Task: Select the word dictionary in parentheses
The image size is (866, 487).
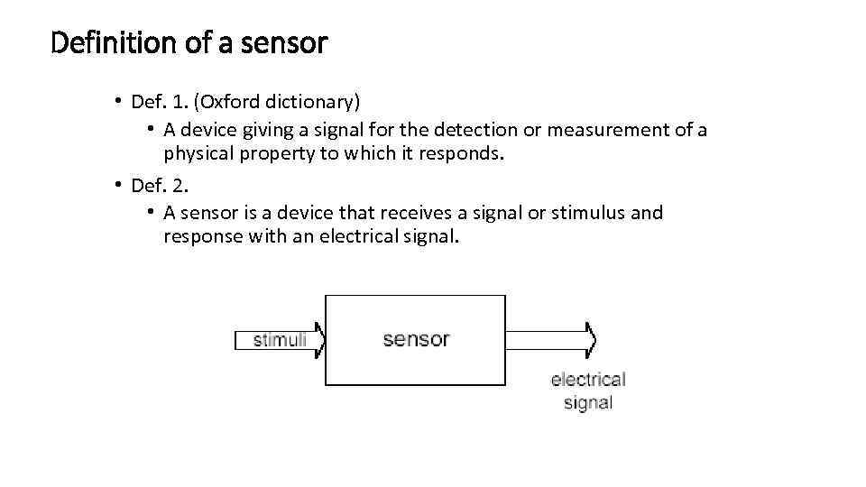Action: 315,100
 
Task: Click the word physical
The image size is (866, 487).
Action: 198,153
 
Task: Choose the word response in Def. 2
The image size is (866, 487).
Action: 200,236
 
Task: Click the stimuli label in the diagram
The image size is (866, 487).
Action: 279,340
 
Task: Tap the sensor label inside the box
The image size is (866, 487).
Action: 416,339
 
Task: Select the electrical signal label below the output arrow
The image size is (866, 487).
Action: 588,391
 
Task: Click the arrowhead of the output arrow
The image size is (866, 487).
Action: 590,340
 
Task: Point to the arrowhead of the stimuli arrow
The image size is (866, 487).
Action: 318,340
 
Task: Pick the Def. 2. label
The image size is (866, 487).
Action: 159,186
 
